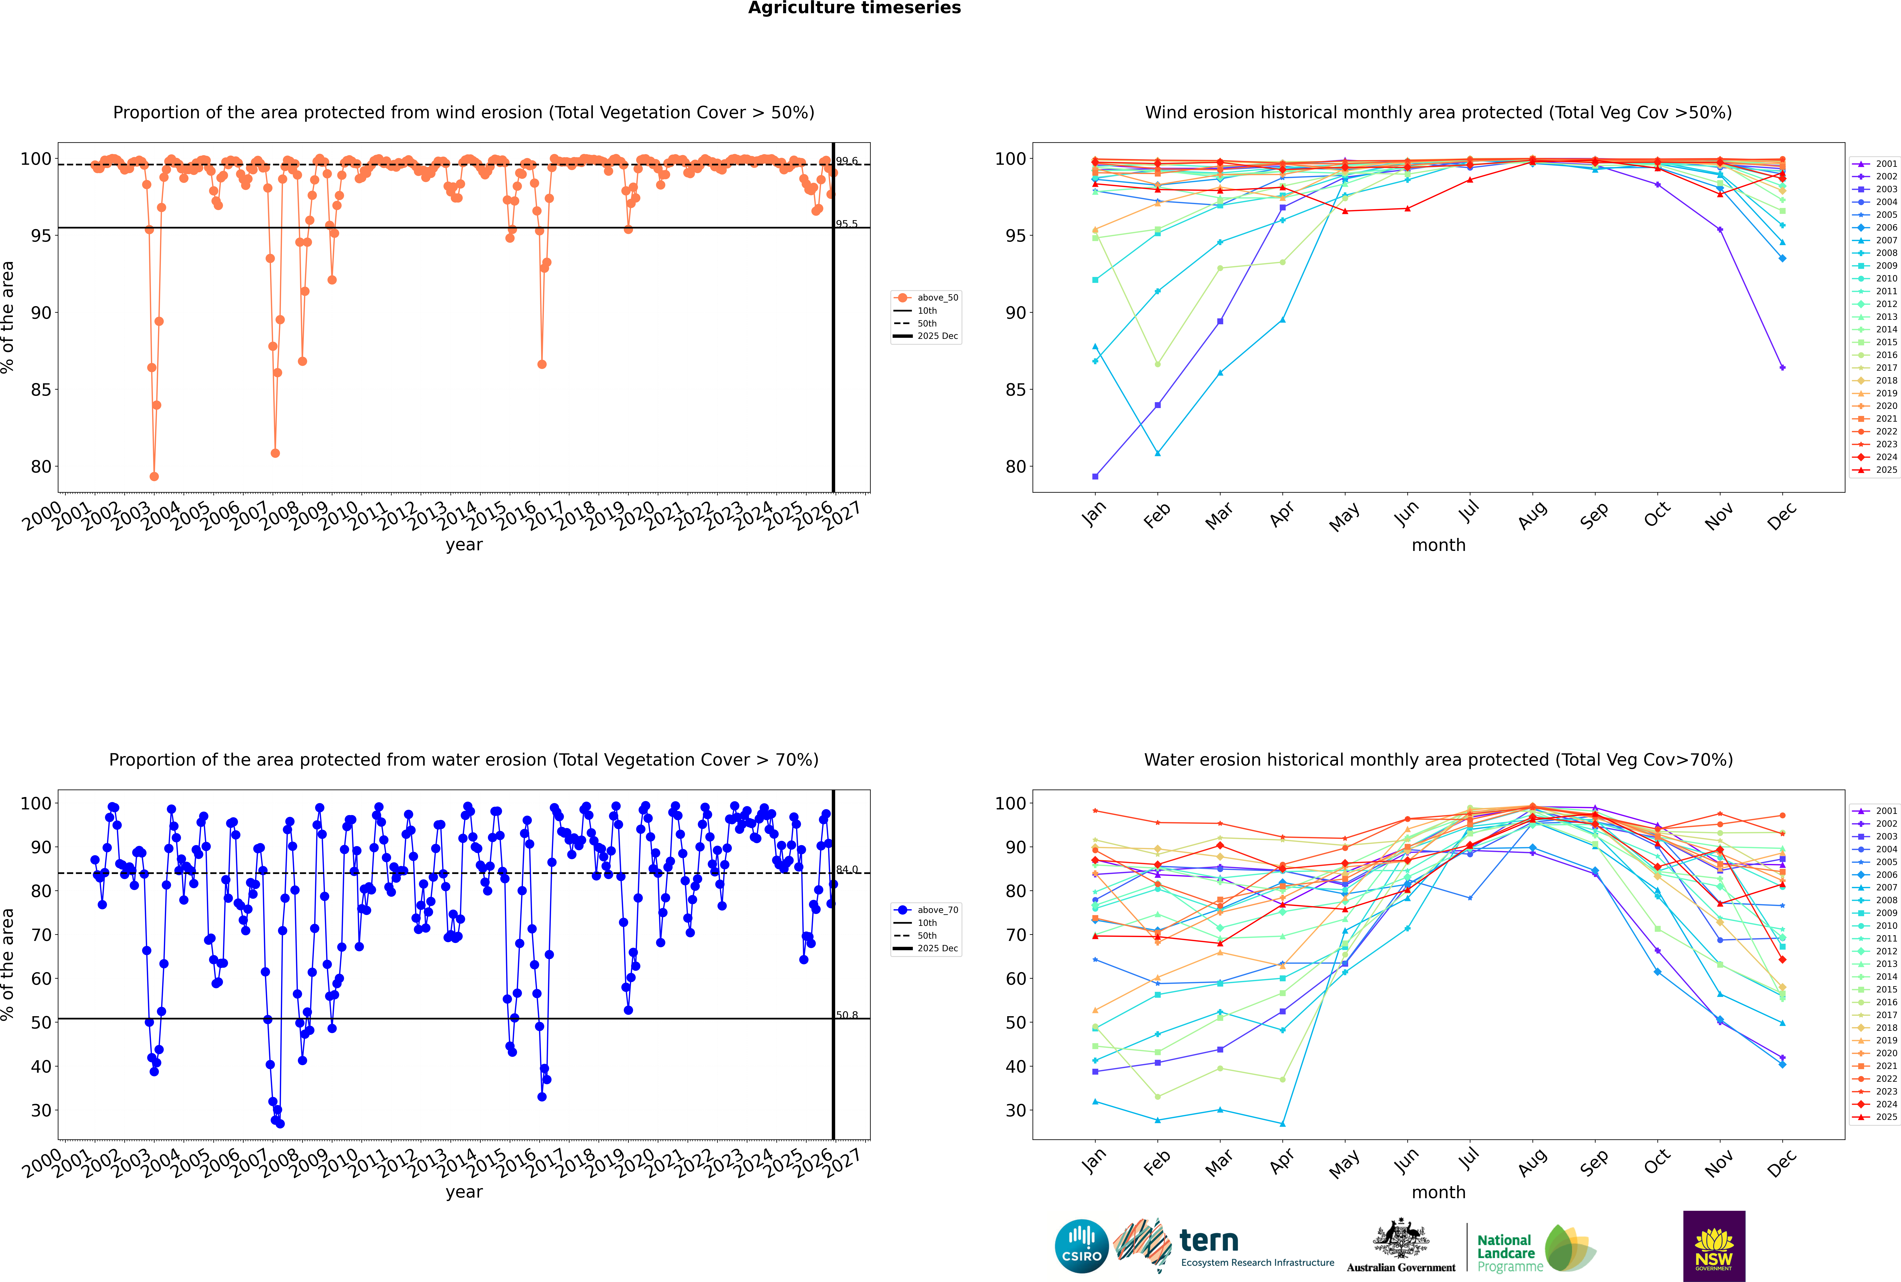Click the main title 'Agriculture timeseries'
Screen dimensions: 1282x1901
click(854, 8)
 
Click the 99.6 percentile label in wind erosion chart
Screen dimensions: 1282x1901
click(847, 161)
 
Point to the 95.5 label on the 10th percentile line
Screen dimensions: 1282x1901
click(847, 224)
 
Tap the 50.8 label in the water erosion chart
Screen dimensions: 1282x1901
click(847, 1015)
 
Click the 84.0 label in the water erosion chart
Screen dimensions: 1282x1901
click(847, 870)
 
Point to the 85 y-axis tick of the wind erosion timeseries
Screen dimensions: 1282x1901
click(41, 390)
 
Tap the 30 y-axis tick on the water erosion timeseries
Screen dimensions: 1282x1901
click(41, 1110)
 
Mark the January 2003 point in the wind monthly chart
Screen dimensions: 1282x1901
click(1095, 477)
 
